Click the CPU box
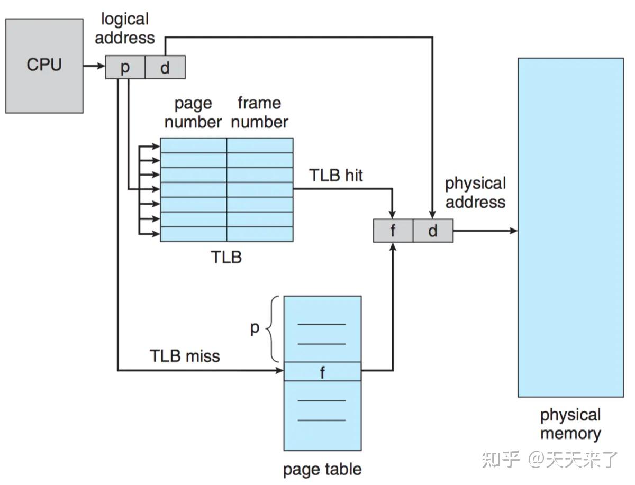click(x=44, y=66)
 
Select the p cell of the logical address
click(x=125, y=68)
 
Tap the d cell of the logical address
click(x=165, y=68)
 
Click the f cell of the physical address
click(x=393, y=231)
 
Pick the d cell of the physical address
click(x=433, y=231)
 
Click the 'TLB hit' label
click(x=336, y=175)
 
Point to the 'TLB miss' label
click(x=185, y=356)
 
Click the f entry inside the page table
click(x=322, y=372)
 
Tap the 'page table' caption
click(x=322, y=469)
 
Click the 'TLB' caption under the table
click(x=226, y=258)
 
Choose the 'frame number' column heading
click(x=259, y=112)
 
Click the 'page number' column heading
click(x=193, y=112)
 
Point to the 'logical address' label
click(x=125, y=29)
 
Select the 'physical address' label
click(x=475, y=193)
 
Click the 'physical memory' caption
click(x=570, y=424)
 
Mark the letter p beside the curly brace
click(x=255, y=328)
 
